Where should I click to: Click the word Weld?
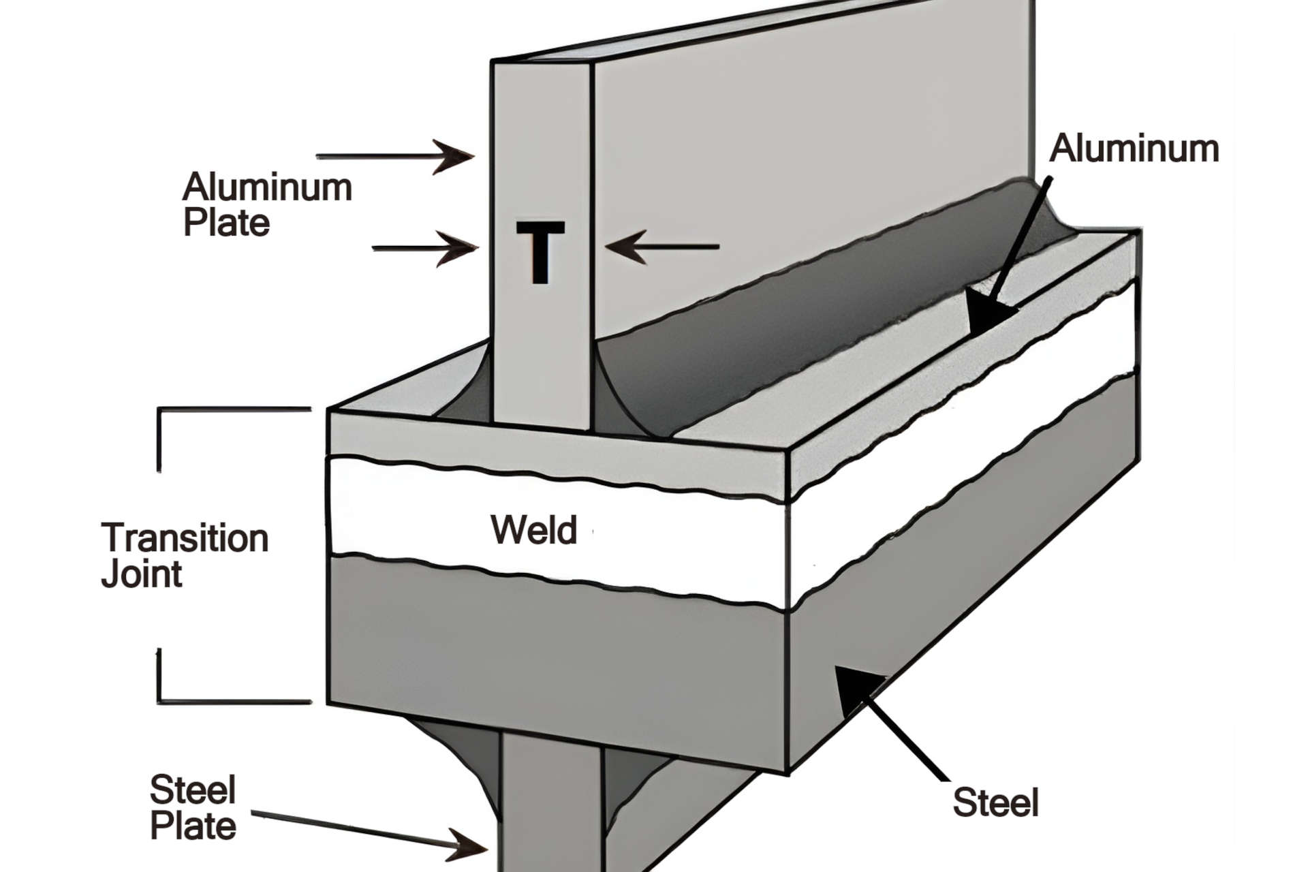coord(533,530)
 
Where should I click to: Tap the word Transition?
coord(185,538)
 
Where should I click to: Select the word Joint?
coord(142,574)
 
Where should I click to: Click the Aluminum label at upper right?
coord(1134,149)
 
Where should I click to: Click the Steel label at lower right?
coord(995,803)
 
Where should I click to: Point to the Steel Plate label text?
coord(193,809)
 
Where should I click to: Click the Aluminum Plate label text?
coord(266,204)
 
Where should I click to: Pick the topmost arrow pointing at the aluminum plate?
coord(395,156)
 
